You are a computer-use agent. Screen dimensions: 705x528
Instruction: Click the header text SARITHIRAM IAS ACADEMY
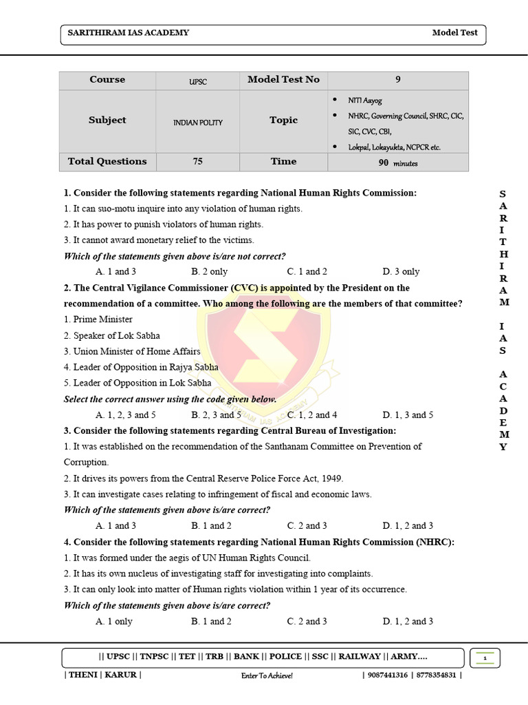point(128,32)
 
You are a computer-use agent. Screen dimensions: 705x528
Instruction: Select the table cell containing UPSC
point(198,81)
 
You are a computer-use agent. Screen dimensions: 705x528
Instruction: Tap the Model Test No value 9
point(397,80)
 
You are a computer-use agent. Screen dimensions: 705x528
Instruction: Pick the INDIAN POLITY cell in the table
point(198,123)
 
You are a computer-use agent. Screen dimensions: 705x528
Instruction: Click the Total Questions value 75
point(198,162)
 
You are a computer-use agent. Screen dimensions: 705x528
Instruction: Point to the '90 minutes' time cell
point(398,163)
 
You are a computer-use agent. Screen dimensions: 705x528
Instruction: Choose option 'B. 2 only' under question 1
point(209,271)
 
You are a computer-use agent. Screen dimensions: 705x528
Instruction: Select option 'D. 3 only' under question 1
point(401,271)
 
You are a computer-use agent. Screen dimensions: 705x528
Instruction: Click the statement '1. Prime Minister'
point(98,319)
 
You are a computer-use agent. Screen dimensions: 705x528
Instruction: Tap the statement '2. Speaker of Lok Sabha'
point(111,335)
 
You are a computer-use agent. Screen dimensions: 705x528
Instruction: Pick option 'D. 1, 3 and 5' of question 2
point(408,414)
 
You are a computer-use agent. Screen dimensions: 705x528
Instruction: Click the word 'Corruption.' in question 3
point(86,462)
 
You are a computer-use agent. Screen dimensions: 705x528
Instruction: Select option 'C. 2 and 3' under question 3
point(307,525)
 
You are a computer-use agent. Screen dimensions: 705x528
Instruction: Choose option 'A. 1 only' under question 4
point(114,621)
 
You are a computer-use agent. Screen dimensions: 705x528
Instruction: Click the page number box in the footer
point(485,659)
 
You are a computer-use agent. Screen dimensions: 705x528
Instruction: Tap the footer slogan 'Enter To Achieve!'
point(267,675)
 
